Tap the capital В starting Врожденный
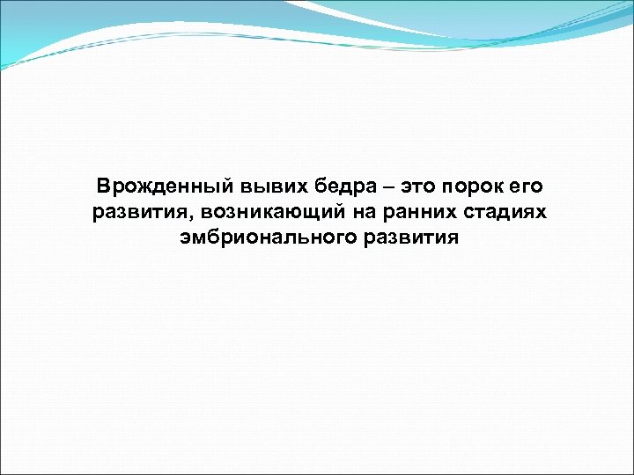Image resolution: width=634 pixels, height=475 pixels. point(104,186)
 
